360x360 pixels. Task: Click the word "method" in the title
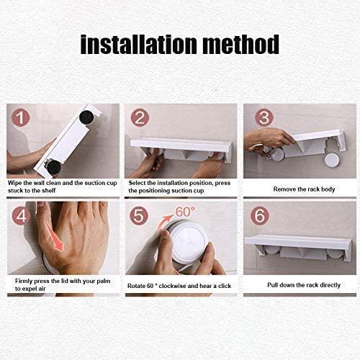241,45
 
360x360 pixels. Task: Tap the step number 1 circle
20,117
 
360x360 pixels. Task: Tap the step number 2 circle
140,117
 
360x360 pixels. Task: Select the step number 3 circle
264,117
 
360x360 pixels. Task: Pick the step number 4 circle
21,216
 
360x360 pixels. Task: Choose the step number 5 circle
139,216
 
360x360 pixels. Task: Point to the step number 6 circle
260,215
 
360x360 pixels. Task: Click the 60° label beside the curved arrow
185,212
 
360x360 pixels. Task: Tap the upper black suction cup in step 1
86,117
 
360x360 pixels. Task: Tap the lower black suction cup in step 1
53,167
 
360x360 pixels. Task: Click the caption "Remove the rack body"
304,189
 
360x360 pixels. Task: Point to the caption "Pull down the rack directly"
304,285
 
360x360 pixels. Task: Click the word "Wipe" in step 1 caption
15,183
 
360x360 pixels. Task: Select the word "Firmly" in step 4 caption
24,281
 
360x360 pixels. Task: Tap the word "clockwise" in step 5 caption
172,286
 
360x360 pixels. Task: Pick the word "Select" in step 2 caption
137,183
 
